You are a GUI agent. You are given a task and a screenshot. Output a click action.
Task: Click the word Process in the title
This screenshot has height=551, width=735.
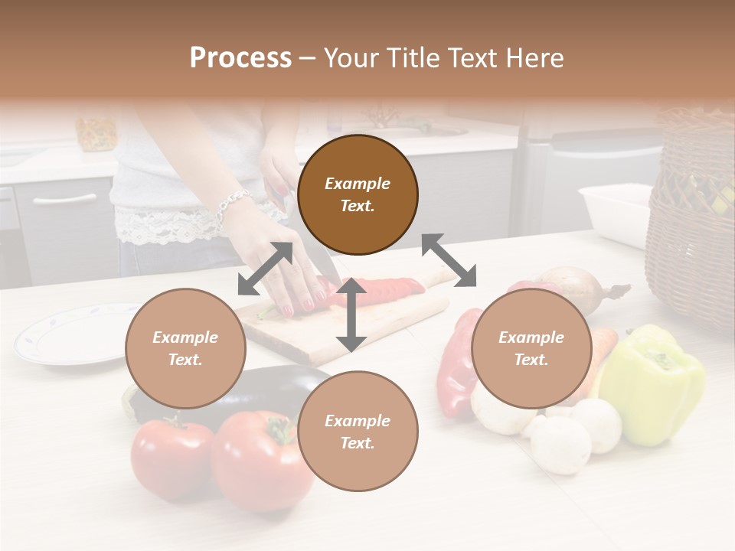pyautogui.click(x=240, y=58)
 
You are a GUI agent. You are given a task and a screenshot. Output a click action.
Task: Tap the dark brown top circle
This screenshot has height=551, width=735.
pyautogui.click(x=358, y=194)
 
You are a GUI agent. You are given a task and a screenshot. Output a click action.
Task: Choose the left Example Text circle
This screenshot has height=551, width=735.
pyautogui.click(x=185, y=348)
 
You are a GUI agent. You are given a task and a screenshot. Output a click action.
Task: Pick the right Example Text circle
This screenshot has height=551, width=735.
pyautogui.click(x=531, y=348)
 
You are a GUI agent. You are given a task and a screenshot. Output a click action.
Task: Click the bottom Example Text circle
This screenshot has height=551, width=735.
pyautogui.click(x=358, y=432)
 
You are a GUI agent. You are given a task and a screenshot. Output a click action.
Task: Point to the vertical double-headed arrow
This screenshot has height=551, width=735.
pyautogui.click(x=351, y=314)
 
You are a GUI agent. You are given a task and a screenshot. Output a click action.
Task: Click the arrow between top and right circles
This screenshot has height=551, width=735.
pyautogui.click(x=449, y=260)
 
